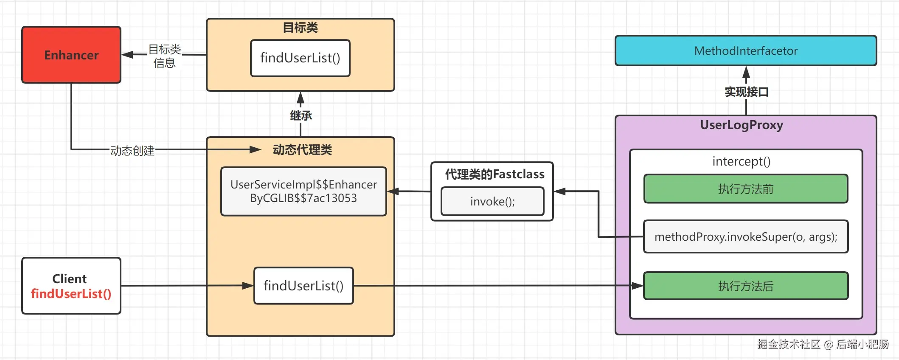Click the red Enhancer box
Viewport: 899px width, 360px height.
tap(71, 55)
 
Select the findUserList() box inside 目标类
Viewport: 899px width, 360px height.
tap(300, 58)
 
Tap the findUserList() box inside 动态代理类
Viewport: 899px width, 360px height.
tap(303, 286)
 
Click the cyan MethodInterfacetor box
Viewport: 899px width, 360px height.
tap(746, 51)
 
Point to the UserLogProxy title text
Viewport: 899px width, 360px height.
tap(742, 125)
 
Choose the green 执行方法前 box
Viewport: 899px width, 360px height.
tap(746, 189)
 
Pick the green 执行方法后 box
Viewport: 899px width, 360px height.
tap(746, 286)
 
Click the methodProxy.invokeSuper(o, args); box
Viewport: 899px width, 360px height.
tap(746, 236)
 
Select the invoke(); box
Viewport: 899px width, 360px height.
tap(492, 201)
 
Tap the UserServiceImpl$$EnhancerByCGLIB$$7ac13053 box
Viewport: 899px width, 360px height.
tap(303, 191)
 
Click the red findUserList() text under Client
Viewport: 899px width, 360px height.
tap(71, 294)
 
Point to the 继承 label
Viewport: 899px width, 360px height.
tap(301, 115)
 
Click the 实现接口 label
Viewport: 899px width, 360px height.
tap(746, 92)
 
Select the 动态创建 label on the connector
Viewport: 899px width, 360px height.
tap(132, 151)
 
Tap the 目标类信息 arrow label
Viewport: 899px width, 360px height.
tap(165, 56)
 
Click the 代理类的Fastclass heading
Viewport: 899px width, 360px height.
tap(494, 174)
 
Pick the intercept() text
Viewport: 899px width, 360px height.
tap(741, 161)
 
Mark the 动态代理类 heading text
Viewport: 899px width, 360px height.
tap(302, 149)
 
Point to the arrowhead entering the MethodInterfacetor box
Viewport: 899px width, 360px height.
tap(746, 72)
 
